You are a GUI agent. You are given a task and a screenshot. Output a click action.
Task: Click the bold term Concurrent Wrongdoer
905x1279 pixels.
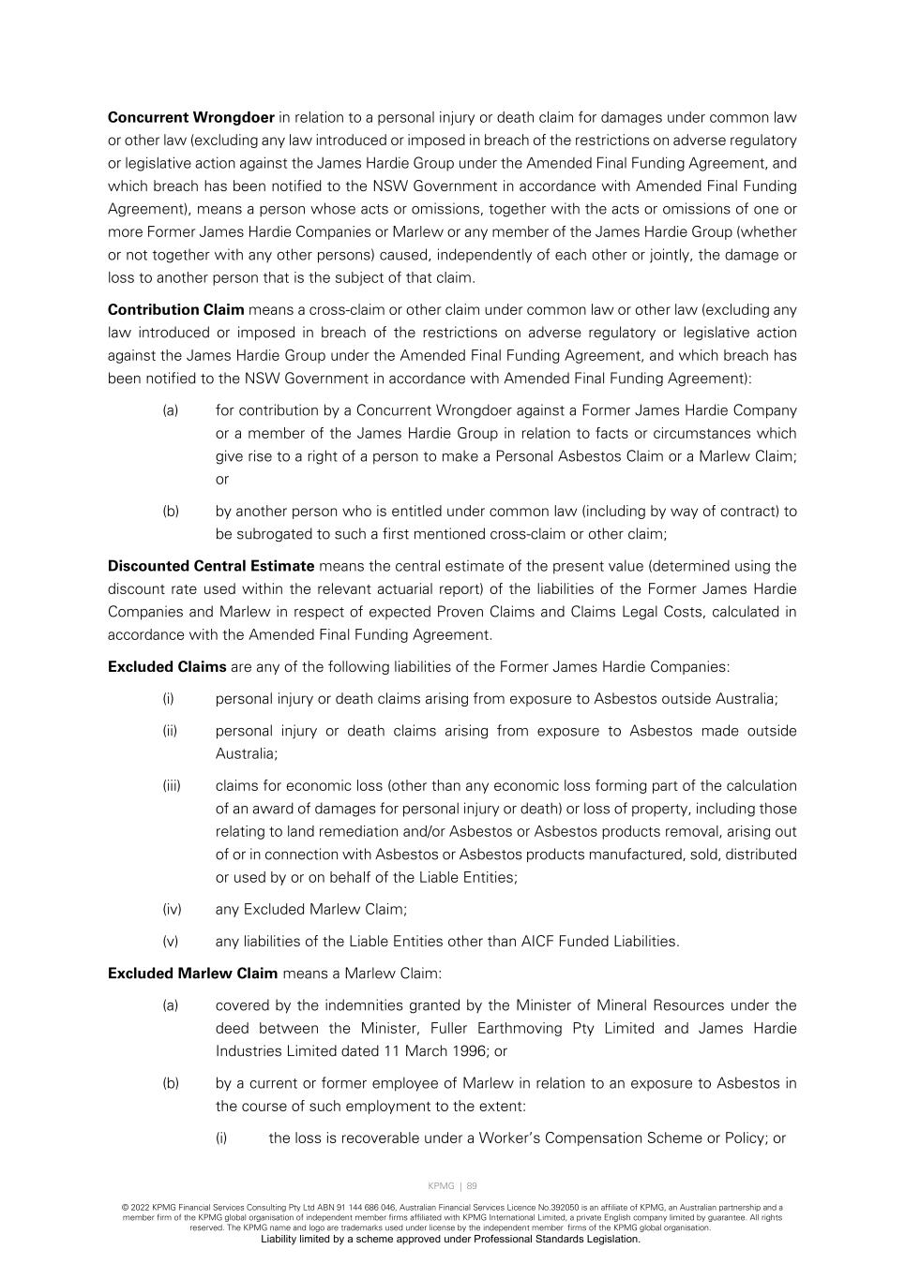click(x=191, y=118)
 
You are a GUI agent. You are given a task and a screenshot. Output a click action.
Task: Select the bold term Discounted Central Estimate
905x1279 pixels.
click(x=211, y=566)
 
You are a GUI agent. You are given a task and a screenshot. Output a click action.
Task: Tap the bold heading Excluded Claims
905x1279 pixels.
click(x=167, y=667)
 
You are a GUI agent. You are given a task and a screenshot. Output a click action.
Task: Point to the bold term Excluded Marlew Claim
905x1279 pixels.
click(x=192, y=974)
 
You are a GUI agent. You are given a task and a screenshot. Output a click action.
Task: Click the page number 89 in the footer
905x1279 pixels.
click(x=472, y=1186)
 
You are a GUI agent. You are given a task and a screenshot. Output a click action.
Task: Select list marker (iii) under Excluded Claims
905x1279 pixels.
click(x=172, y=786)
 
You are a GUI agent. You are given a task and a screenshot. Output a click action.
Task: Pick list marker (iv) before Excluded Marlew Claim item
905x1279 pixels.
click(x=172, y=910)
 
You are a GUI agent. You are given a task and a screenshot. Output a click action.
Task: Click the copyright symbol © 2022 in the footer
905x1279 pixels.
click(x=137, y=1208)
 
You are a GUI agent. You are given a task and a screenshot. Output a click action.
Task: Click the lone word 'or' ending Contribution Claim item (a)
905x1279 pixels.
click(x=222, y=480)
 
